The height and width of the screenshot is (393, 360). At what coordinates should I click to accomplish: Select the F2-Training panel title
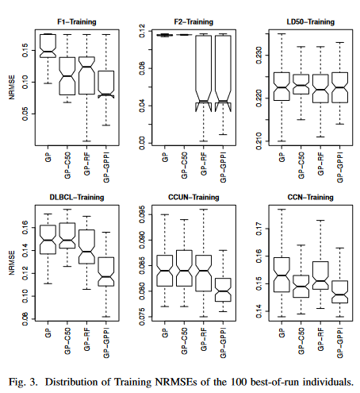coord(193,21)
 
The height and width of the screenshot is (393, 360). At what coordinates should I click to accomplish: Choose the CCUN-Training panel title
coord(193,196)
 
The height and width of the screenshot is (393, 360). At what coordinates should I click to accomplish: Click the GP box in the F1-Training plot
coord(48,45)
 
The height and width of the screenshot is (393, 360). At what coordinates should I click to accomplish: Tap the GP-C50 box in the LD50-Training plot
coord(301,84)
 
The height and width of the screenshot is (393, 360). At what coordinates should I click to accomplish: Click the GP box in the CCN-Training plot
coord(281,274)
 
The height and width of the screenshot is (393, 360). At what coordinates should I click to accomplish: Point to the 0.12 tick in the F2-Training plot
coord(143,34)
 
